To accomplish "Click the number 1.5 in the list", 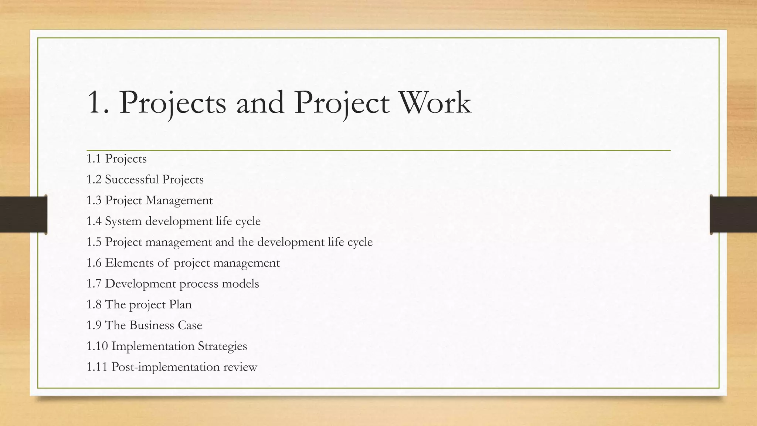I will pyautogui.click(x=94, y=242).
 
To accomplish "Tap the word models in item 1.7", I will pyautogui.click(x=240, y=284).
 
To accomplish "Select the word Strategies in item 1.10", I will pyautogui.click(x=223, y=346).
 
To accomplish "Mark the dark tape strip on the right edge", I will pyautogui.click(x=733, y=214).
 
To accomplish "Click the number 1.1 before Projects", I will pyautogui.click(x=94, y=159).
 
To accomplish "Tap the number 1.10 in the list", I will pyautogui.click(x=97, y=346).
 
